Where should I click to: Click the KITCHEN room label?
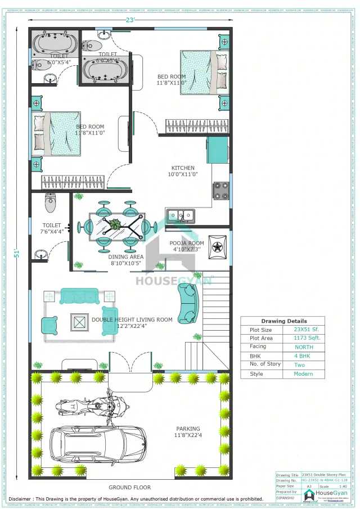pyautogui.click(x=183, y=168)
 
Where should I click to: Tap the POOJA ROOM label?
pyautogui.click(x=187, y=243)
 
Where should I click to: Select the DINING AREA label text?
pyautogui.click(x=125, y=256)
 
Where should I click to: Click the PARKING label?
pyautogui.click(x=187, y=428)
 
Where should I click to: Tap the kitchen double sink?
pyautogui.click(x=181, y=215)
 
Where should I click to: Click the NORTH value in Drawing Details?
pyautogui.click(x=304, y=347)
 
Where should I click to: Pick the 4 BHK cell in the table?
pyautogui.click(x=304, y=356)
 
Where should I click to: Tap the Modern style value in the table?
pyautogui.click(x=304, y=374)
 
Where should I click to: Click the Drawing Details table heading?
pyautogui.click(x=283, y=321)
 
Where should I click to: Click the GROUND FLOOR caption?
pyautogui.click(x=130, y=487)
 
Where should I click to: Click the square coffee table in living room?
pyautogui.click(x=79, y=322)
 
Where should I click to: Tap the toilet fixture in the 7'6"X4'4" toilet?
pyautogui.click(x=50, y=201)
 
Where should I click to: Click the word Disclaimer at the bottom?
pyautogui.click(x=23, y=498)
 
